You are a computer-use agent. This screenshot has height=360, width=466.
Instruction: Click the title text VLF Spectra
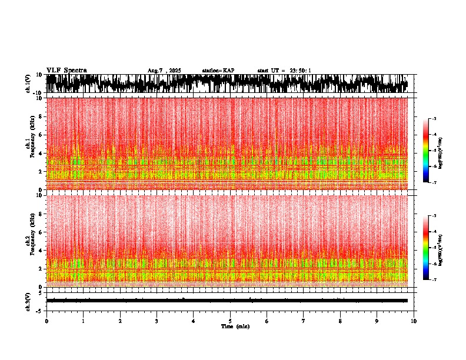pos(66,71)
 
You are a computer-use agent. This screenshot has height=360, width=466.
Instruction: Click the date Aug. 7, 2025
pos(164,71)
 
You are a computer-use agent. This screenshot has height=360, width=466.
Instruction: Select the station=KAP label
pos(218,71)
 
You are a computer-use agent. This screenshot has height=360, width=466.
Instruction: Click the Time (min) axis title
pos(235,326)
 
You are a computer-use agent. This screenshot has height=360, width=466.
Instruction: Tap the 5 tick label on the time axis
pos(230,321)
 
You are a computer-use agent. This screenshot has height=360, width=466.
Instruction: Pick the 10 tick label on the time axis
pos(414,321)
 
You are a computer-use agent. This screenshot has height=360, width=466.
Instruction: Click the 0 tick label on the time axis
pos(46,321)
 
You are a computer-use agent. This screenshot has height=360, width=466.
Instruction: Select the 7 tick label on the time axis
pos(304,321)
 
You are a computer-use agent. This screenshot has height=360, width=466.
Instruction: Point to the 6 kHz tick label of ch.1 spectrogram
pos(39,135)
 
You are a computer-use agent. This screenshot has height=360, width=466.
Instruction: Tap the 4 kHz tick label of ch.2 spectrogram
pos(39,250)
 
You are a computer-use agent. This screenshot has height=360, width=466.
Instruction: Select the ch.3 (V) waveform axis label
pos(28,301)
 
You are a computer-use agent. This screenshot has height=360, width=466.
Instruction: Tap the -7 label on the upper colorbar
pos(434,182)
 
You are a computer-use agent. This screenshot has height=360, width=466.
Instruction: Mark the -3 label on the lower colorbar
pos(434,216)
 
